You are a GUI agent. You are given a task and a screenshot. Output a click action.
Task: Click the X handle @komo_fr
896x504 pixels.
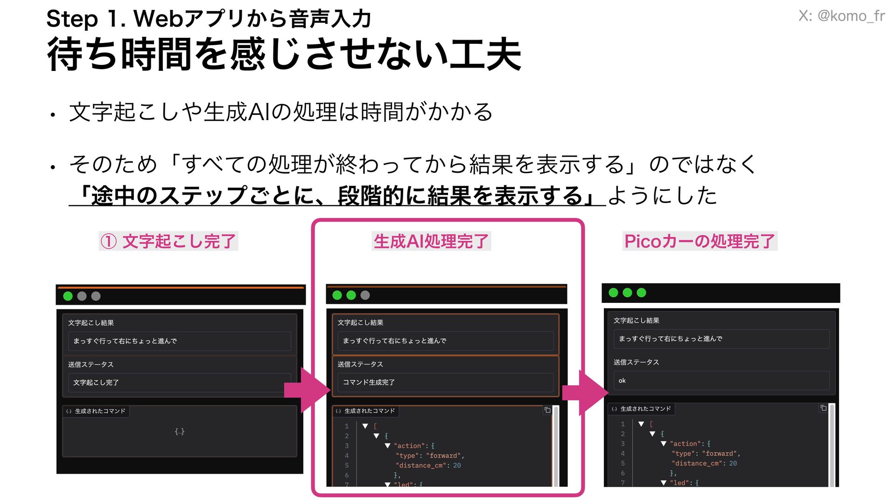[x=841, y=16]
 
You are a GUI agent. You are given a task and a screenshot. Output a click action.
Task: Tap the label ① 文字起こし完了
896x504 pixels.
[x=168, y=241]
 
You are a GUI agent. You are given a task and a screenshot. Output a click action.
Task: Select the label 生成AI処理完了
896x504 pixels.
[x=431, y=241]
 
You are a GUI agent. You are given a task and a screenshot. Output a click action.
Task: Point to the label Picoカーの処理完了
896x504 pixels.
[x=700, y=241]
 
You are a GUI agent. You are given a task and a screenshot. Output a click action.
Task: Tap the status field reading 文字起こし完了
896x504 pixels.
[x=179, y=383]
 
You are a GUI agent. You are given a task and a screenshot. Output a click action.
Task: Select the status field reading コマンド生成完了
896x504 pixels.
[x=445, y=382]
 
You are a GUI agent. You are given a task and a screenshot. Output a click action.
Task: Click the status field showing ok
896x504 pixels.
[x=721, y=381]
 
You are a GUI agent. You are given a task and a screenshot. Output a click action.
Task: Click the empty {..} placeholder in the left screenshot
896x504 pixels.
[x=180, y=432]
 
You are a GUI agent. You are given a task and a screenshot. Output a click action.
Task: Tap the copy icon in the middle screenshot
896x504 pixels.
[x=547, y=410]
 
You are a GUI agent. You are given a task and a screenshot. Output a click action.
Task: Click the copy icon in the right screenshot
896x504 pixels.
[x=824, y=408]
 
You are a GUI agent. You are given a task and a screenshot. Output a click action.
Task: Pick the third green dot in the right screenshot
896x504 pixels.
[x=642, y=293]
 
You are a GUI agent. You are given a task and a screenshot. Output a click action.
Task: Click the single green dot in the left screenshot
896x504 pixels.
[x=68, y=296]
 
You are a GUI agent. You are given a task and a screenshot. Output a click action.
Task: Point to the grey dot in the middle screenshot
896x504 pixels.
[x=365, y=295]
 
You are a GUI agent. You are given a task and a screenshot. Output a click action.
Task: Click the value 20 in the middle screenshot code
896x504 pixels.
[x=457, y=466]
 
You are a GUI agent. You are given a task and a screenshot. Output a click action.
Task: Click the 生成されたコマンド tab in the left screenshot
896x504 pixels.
[x=96, y=411]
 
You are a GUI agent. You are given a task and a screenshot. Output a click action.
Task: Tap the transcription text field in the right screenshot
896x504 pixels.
[x=721, y=339]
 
